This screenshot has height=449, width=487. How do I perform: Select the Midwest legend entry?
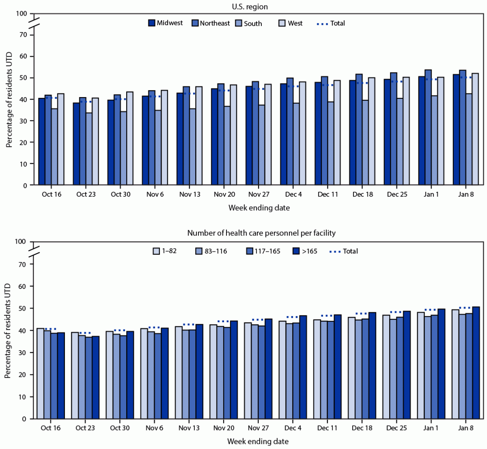coord(166,23)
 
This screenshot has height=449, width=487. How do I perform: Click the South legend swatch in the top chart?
coord(239,23)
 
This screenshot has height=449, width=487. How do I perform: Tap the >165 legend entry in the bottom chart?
coord(305,251)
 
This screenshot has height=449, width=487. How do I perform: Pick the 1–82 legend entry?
coord(165,251)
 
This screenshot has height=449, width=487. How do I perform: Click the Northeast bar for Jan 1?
coord(428,128)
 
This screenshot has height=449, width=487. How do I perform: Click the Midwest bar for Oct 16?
coord(42,142)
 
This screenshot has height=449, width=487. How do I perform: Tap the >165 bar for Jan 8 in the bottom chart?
coord(476,363)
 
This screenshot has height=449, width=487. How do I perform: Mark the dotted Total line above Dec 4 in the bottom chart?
coord(292,317)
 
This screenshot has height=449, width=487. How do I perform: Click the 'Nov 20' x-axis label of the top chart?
coord(224,194)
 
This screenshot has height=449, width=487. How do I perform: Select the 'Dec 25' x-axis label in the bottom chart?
coord(397,428)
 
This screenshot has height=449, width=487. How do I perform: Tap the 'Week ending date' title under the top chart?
coord(259,208)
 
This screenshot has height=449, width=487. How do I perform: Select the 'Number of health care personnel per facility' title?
coord(261,233)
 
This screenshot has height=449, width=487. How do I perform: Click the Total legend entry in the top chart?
coord(331,23)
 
